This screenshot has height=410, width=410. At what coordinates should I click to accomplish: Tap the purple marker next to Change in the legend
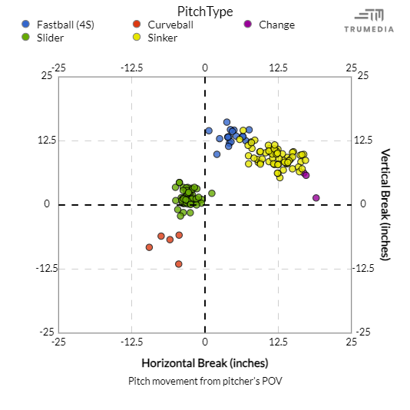click(248, 25)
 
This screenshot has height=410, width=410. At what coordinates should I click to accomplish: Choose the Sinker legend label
click(162, 37)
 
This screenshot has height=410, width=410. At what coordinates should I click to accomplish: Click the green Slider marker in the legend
click(27, 37)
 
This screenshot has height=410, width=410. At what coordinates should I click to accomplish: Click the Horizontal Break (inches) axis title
click(204, 362)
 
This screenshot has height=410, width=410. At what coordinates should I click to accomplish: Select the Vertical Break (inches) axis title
click(385, 204)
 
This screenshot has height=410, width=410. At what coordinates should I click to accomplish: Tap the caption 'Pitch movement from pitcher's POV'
click(204, 380)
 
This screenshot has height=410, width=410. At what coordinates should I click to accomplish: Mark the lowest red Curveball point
click(179, 264)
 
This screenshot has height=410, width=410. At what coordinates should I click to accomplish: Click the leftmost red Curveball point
click(150, 247)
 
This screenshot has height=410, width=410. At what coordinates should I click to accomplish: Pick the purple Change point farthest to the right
click(316, 198)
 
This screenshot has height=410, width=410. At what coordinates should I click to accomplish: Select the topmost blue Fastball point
click(226, 122)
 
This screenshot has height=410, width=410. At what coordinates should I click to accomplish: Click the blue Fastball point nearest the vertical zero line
click(209, 131)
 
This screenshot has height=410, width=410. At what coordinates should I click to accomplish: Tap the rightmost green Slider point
click(212, 193)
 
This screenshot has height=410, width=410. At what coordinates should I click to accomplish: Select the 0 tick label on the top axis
click(205, 68)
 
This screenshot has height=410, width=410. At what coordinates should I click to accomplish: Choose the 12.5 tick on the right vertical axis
click(365, 141)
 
